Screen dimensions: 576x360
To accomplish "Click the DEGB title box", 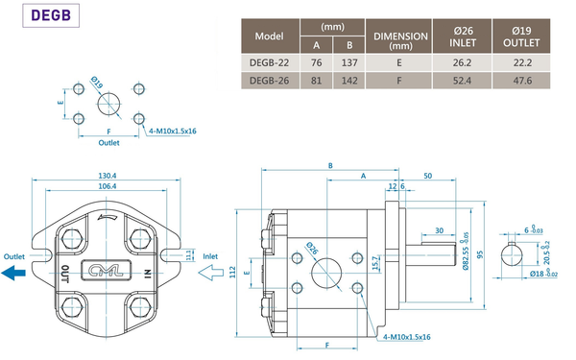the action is (x=51, y=15).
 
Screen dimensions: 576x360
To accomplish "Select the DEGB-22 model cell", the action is (x=270, y=62).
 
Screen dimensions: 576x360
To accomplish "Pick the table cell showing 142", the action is (x=349, y=81).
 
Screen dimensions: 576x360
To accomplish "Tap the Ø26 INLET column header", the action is (x=462, y=36).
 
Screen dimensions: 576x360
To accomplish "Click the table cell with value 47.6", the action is (x=521, y=81).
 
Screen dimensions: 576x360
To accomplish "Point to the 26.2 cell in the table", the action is (x=462, y=62).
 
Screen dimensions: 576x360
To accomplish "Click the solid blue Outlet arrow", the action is (x=13, y=273).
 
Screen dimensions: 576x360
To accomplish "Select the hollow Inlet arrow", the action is (x=211, y=273).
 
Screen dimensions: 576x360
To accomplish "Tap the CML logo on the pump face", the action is (x=106, y=272).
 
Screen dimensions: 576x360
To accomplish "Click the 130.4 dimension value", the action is (x=107, y=176).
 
